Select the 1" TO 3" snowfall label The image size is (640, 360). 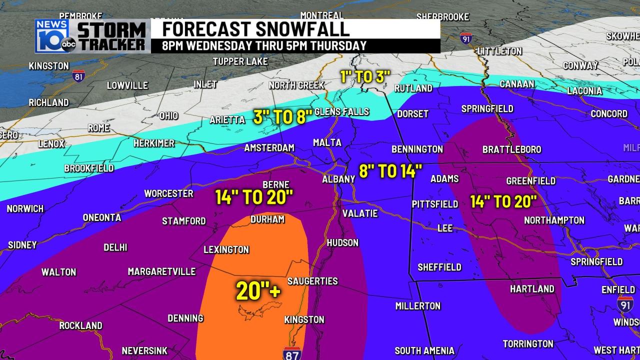coord(364,76)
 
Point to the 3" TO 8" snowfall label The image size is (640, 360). coord(282,116)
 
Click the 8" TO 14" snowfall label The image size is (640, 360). coord(390,171)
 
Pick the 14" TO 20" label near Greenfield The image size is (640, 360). coord(503,201)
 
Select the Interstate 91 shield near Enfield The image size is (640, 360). coord(624,303)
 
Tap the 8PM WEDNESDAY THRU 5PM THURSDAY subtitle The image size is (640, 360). coord(264,45)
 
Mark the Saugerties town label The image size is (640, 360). coord(312,281)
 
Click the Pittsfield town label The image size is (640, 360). coord(435,204)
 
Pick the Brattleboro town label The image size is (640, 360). coord(511,149)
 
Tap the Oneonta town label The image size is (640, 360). coord(102,217)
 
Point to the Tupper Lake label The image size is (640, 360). coord(240,61)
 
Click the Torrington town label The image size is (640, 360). coord(528,343)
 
